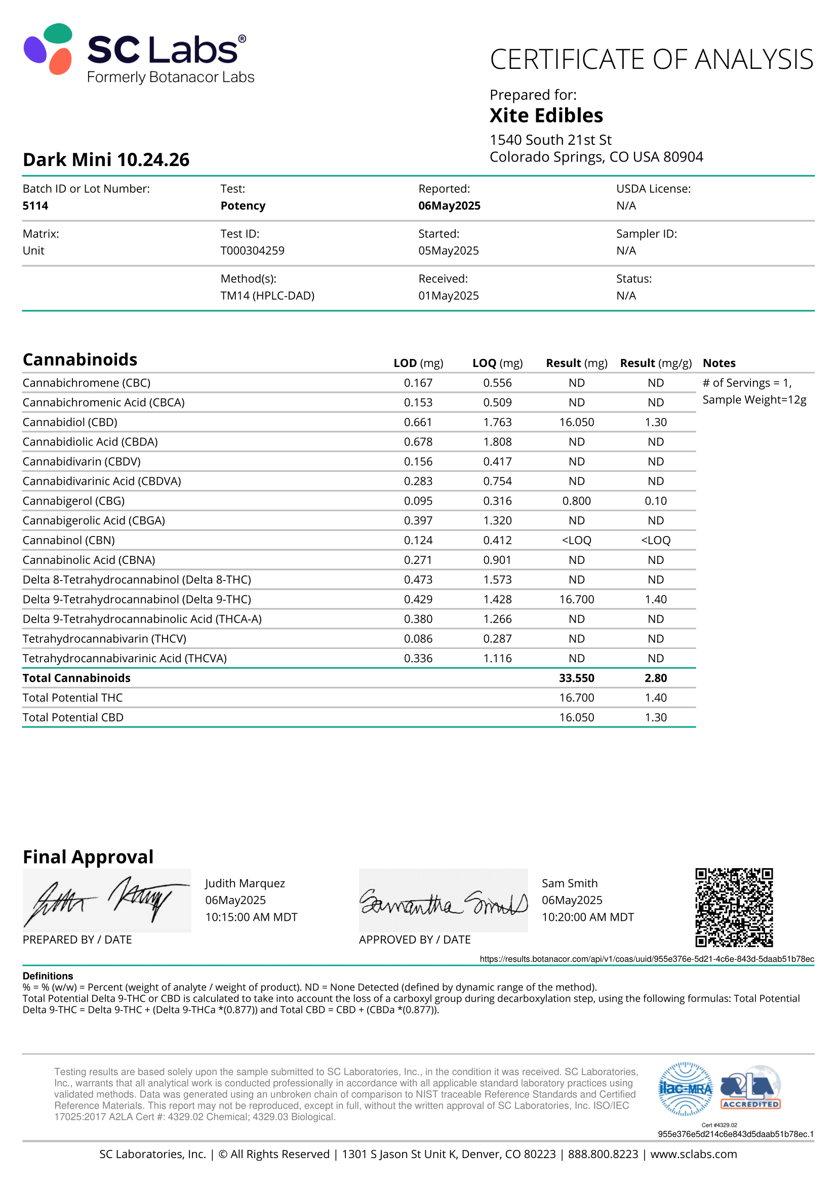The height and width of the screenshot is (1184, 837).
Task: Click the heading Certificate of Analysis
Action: pos(651,59)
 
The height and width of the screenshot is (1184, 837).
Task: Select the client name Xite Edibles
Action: pos(546,115)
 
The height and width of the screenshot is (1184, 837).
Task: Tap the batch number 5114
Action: pos(35,206)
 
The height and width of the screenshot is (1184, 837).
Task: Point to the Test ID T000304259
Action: pos(252,251)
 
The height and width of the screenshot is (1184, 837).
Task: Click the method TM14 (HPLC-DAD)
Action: pos(267,296)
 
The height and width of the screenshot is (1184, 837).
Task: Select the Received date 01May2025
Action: pos(448,296)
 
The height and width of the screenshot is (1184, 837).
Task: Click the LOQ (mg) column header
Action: pos(497,363)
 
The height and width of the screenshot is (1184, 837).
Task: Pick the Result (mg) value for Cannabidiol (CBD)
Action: pos(576,422)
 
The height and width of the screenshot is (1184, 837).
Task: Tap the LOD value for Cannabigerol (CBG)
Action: pos(418,501)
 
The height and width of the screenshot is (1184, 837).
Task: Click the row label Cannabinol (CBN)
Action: pos(68,541)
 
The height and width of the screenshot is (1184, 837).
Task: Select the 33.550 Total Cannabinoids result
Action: pos(576,678)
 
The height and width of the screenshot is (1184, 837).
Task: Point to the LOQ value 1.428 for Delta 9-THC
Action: pos(497,599)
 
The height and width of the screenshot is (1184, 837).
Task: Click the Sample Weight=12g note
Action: pos(754,400)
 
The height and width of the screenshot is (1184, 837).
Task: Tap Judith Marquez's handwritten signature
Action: pos(106,900)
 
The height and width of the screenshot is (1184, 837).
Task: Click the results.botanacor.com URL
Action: pos(646,959)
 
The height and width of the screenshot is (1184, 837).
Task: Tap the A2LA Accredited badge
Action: pos(750,1088)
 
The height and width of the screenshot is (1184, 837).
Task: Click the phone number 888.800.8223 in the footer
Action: pos(603,1154)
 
